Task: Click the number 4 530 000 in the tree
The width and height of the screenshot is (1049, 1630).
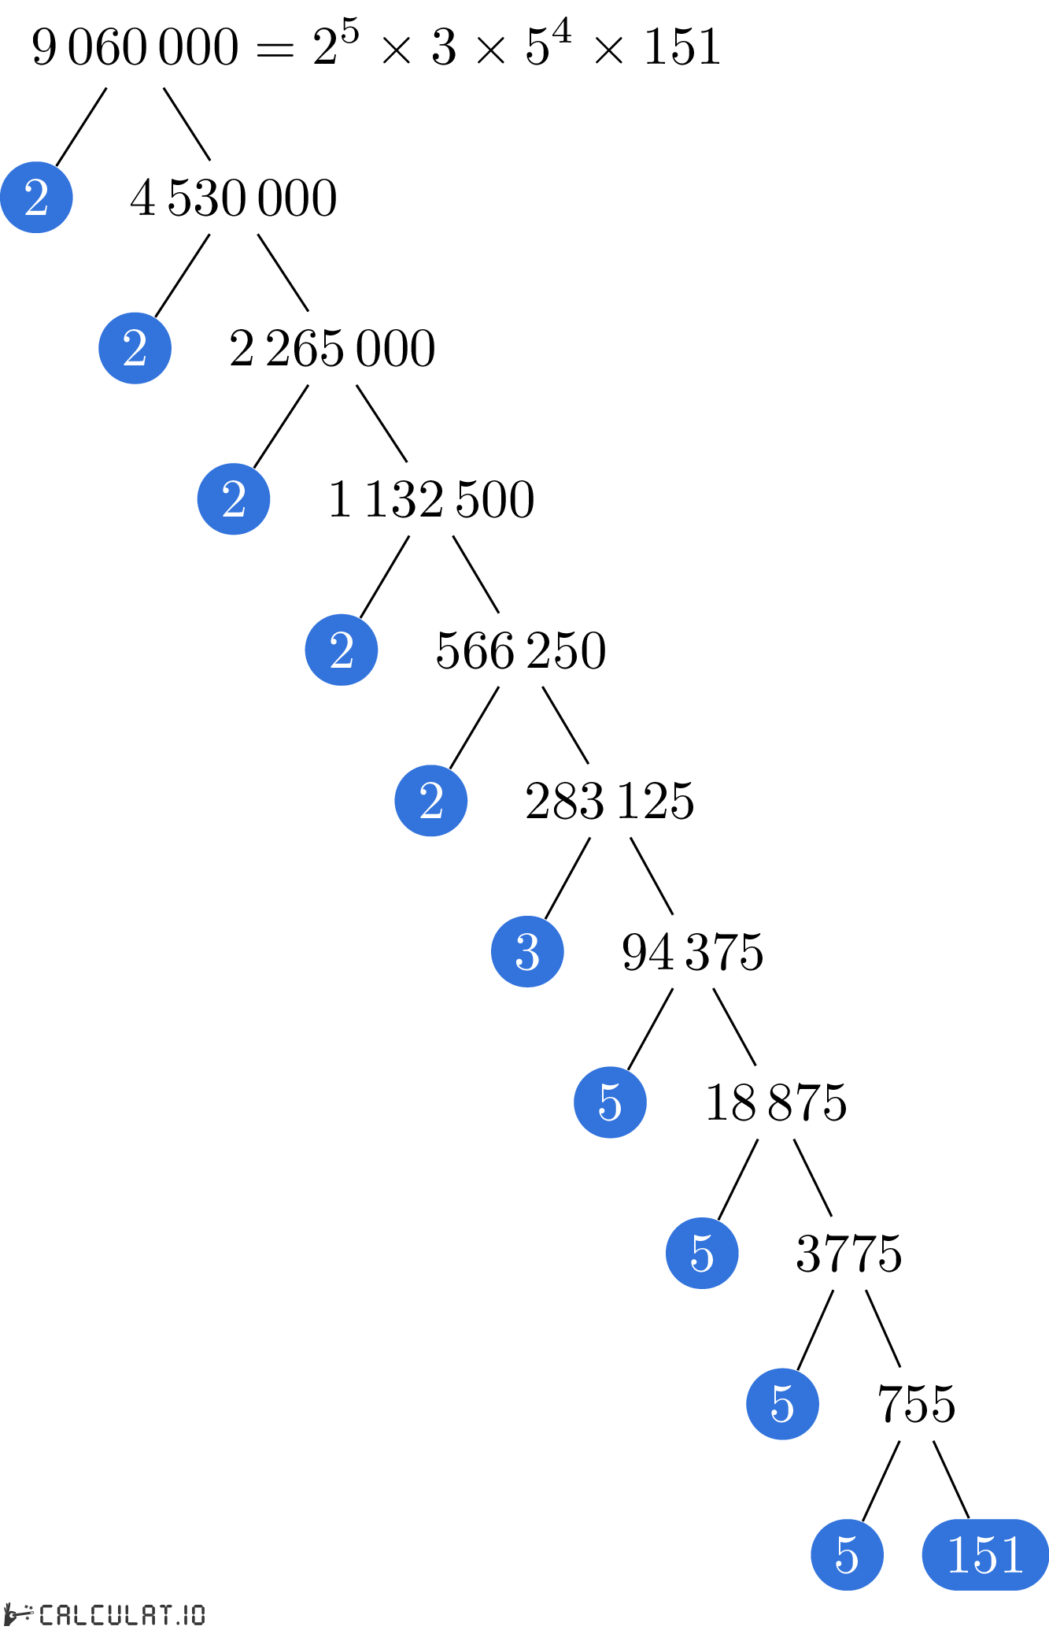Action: coord(234,198)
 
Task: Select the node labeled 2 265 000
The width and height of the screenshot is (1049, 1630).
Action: coord(332,349)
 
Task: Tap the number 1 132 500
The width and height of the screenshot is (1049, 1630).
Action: coord(431,499)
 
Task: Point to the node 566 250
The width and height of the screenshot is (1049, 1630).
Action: coord(521,650)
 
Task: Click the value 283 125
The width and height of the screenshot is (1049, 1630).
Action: coord(610,801)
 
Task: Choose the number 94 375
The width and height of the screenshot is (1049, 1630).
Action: coord(693,952)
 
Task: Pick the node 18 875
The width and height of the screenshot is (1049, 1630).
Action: coord(776,1102)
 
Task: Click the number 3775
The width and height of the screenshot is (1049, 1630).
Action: coord(849,1254)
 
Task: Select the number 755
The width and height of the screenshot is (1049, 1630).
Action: coord(917,1404)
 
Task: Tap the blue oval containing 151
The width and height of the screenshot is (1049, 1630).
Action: coord(985,1555)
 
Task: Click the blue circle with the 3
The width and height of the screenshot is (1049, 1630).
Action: coord(527,952)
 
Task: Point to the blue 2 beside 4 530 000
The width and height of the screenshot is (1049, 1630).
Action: coord(36,198)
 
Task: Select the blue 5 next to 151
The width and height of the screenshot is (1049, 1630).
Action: coord(847,1555)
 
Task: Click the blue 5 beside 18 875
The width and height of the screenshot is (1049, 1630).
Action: coord(610,1102)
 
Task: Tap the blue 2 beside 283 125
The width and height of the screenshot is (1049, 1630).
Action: coord(431,801)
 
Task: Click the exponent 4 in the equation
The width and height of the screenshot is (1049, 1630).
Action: coord(561,32)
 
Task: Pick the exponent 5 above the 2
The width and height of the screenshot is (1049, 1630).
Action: coord(349,32)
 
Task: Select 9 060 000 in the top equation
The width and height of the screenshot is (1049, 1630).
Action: coord(135,46)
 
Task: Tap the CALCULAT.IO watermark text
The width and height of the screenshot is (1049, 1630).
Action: coord(122,1616)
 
